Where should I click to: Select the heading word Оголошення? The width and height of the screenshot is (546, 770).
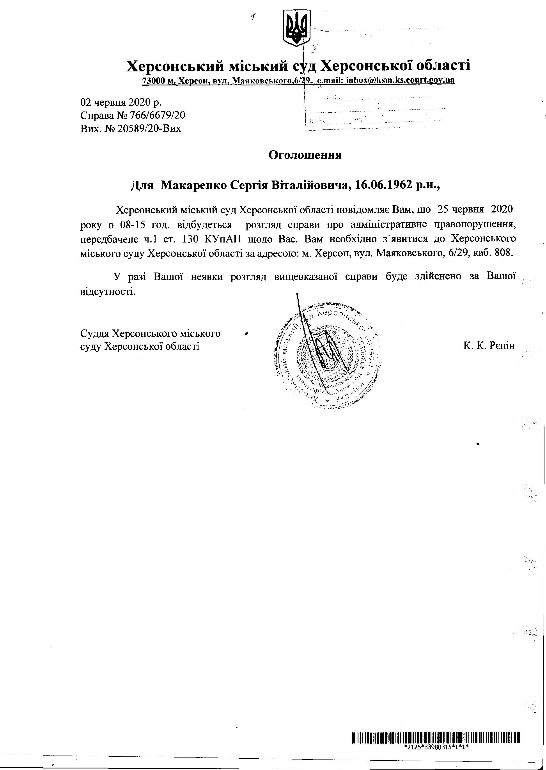(x=305, y=155)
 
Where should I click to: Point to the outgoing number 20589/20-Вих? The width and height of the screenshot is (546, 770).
(x=149, y=129)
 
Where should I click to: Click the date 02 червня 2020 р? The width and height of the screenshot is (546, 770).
(x=121, y=102)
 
